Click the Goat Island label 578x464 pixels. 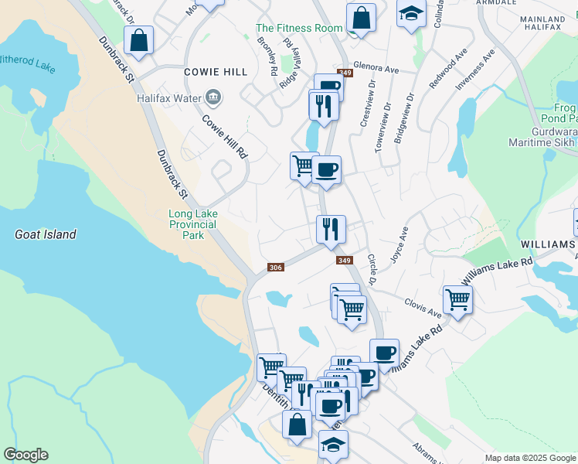(46, 234)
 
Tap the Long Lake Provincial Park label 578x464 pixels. (193, 224)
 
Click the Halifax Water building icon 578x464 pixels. (214, 98)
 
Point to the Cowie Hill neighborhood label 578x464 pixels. (216, 72)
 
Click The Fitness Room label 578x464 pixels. (299, 28)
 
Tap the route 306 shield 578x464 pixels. (276, 268)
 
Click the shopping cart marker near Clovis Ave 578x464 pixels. (457, 299)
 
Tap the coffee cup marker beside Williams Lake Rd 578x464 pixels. (384, 353)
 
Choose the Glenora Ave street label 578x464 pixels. (376, 69)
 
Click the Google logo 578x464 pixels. (25, 455)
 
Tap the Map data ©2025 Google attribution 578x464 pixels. (529, 458)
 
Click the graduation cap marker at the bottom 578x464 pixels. (333, 445)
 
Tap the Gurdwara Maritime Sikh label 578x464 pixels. (542, 137)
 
